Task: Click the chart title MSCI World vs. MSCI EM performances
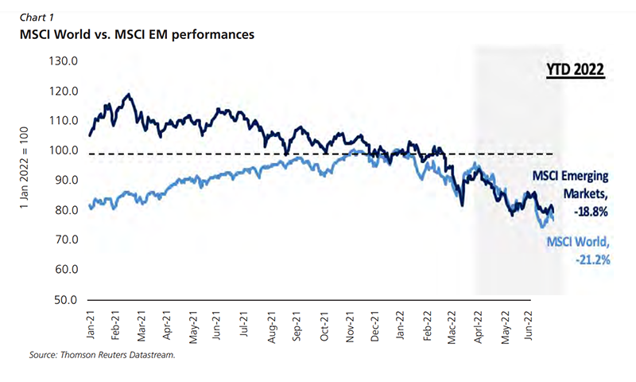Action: [131, 35]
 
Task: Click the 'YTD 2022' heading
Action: [576, 71]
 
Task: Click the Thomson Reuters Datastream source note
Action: [101, 355]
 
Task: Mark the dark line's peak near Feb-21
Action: [128, 95]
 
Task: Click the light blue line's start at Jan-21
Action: [90, 208]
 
